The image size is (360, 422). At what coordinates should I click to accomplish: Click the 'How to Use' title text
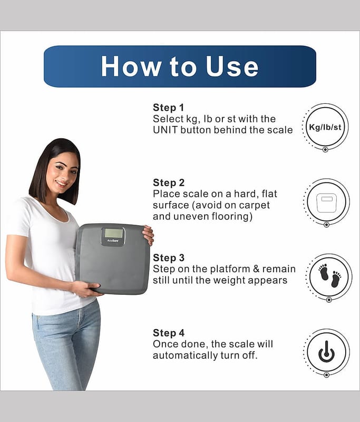pyautogui.click(x=180, y=66)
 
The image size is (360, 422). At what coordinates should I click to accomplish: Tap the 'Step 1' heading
pyautogui.click(x=168, y=108)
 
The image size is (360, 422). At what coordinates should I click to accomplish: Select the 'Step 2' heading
pyautogui.click(x=169, y=183)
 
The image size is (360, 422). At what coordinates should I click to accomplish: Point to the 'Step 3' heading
pyautogui.click(x=169, y=258)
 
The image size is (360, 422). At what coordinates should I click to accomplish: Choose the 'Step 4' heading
pyautogui.click(x=169, y=333)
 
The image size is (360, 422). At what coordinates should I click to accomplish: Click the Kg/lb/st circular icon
pyautogui.click(x=325, y=127)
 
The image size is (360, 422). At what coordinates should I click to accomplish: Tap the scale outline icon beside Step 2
pyautogui.click(x=326, y=203)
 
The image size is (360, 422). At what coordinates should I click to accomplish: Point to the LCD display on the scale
pyautogui.click(x=113, y=233)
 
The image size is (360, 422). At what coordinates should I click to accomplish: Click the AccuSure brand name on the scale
pyautogui.click(x=113, y=241)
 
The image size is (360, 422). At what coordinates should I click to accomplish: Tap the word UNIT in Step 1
pyautogui.click(x=166, y=130)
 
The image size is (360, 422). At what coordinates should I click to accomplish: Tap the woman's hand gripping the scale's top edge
pyautogui.click(x=148, y=235)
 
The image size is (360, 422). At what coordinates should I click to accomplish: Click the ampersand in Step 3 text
pyautogui.click(x=257, y=269)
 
